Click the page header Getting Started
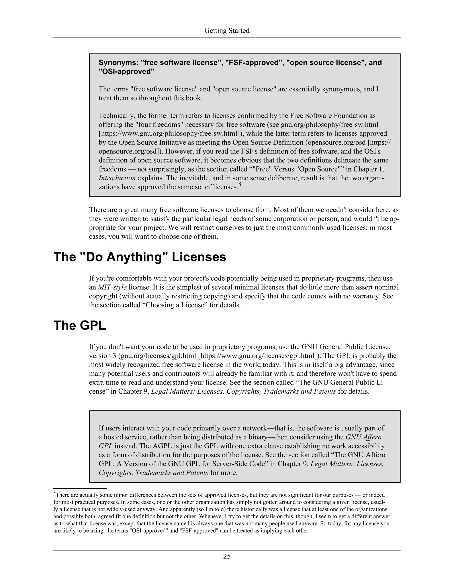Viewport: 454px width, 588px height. coord(227,31)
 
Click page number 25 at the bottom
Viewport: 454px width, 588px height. coord(227,556)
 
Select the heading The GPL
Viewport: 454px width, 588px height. coord(80,326)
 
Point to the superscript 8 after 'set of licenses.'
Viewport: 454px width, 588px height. coord(240,184)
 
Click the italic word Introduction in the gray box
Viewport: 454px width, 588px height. coord(117,178)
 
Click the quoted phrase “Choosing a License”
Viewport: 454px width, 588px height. coord(176,305)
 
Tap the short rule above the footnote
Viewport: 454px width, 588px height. coord(80,488)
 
